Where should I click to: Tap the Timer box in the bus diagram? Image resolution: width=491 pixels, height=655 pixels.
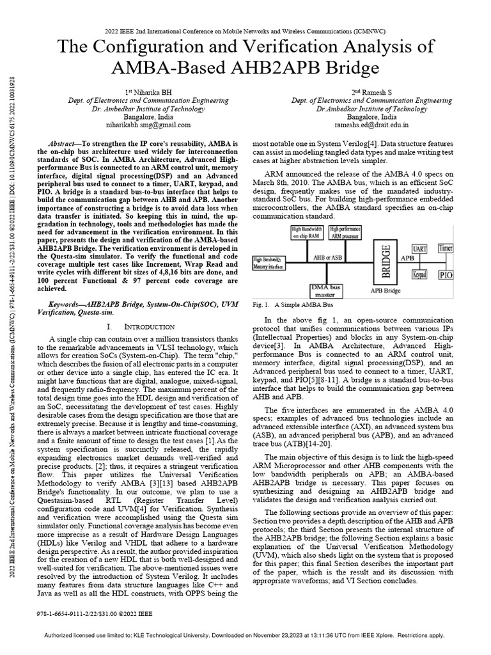[446, 247]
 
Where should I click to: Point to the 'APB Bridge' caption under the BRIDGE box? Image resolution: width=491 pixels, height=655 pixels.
[386, 290]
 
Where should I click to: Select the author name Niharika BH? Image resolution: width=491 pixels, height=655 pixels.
[148, 91]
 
